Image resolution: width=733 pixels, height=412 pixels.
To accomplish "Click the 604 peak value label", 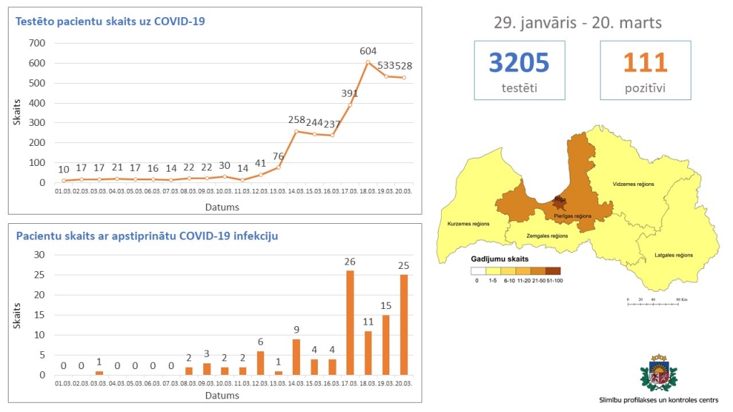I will (368, 51).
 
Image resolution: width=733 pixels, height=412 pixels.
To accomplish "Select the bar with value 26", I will (350, 322).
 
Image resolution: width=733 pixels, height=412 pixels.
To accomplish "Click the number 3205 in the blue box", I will (519, 63).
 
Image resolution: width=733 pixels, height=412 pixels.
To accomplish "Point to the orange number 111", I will (645, 63).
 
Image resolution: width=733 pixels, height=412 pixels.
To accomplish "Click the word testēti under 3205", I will (519, 89).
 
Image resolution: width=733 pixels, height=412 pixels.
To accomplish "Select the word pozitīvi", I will (645, 89).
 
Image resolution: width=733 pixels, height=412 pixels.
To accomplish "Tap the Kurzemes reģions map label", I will (468, 224).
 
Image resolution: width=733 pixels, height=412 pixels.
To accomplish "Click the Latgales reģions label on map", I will (674, 255).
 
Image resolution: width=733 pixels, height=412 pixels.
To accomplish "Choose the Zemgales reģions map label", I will (547, 235).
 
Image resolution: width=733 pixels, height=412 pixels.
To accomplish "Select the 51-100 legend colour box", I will (553, 271).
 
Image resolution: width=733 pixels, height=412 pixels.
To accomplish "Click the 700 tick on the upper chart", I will (37, 43).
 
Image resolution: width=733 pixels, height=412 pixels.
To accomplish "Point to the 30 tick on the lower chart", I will (40, 255).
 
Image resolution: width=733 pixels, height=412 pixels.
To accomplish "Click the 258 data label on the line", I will (296, 119).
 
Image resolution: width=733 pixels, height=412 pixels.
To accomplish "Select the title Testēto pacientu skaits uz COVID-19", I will (110, 21).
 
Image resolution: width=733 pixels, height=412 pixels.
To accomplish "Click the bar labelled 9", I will (296, 356).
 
